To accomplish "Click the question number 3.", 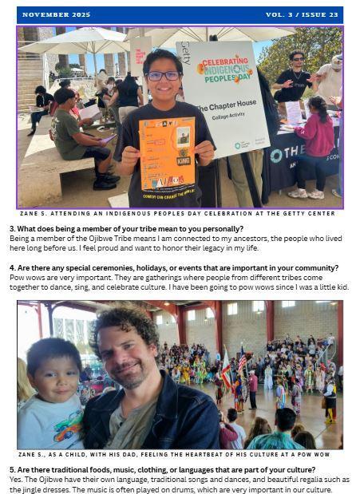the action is coord(12,229).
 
